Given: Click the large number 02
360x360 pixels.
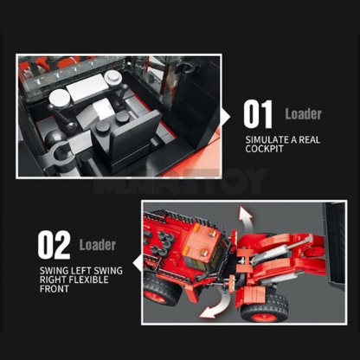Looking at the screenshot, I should tap(53, 245).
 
